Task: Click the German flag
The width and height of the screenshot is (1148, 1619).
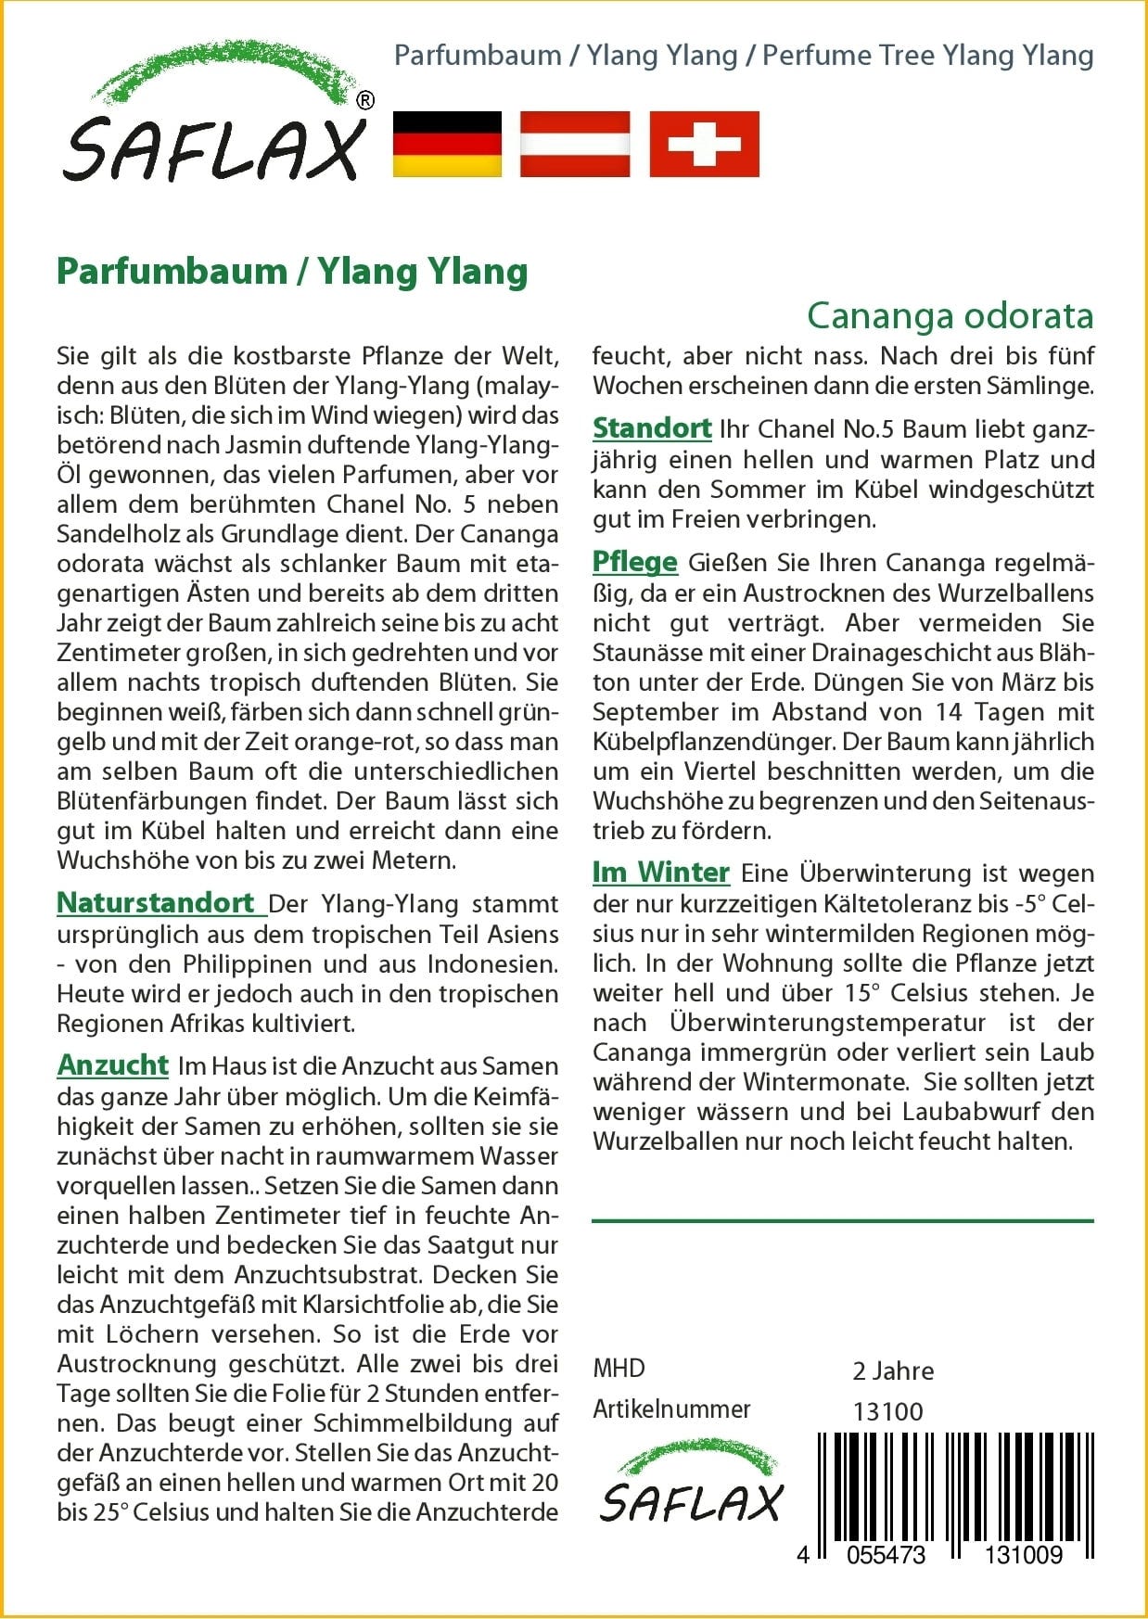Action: [x=447, y=144]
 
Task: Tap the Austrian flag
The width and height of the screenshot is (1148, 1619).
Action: [x=575, y=144]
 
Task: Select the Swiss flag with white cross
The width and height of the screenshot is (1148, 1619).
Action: [x=704, y=144]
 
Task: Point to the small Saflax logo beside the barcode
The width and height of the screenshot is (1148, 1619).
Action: [x=692, y=1483]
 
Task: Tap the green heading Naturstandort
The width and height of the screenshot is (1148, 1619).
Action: [x=156, y=902]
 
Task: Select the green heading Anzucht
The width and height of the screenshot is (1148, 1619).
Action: [x=113, y=1064]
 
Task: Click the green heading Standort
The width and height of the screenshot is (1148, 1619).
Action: [x=652, y=428]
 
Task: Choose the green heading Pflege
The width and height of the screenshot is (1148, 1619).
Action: [x=635, y=562]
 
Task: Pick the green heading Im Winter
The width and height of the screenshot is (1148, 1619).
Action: [x=661, y=873]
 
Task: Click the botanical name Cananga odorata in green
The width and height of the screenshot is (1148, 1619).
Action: [x=950, y=316]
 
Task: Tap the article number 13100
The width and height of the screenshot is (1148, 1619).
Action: [x=887, y=1411]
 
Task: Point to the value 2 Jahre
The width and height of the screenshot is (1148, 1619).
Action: [x=893, y=1370]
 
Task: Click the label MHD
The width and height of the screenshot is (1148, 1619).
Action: [x=619, y=1369]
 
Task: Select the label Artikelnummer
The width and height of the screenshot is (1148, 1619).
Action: [x=671, y=1409]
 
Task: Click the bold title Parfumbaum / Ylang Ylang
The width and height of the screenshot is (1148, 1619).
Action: [x=292, y=272]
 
